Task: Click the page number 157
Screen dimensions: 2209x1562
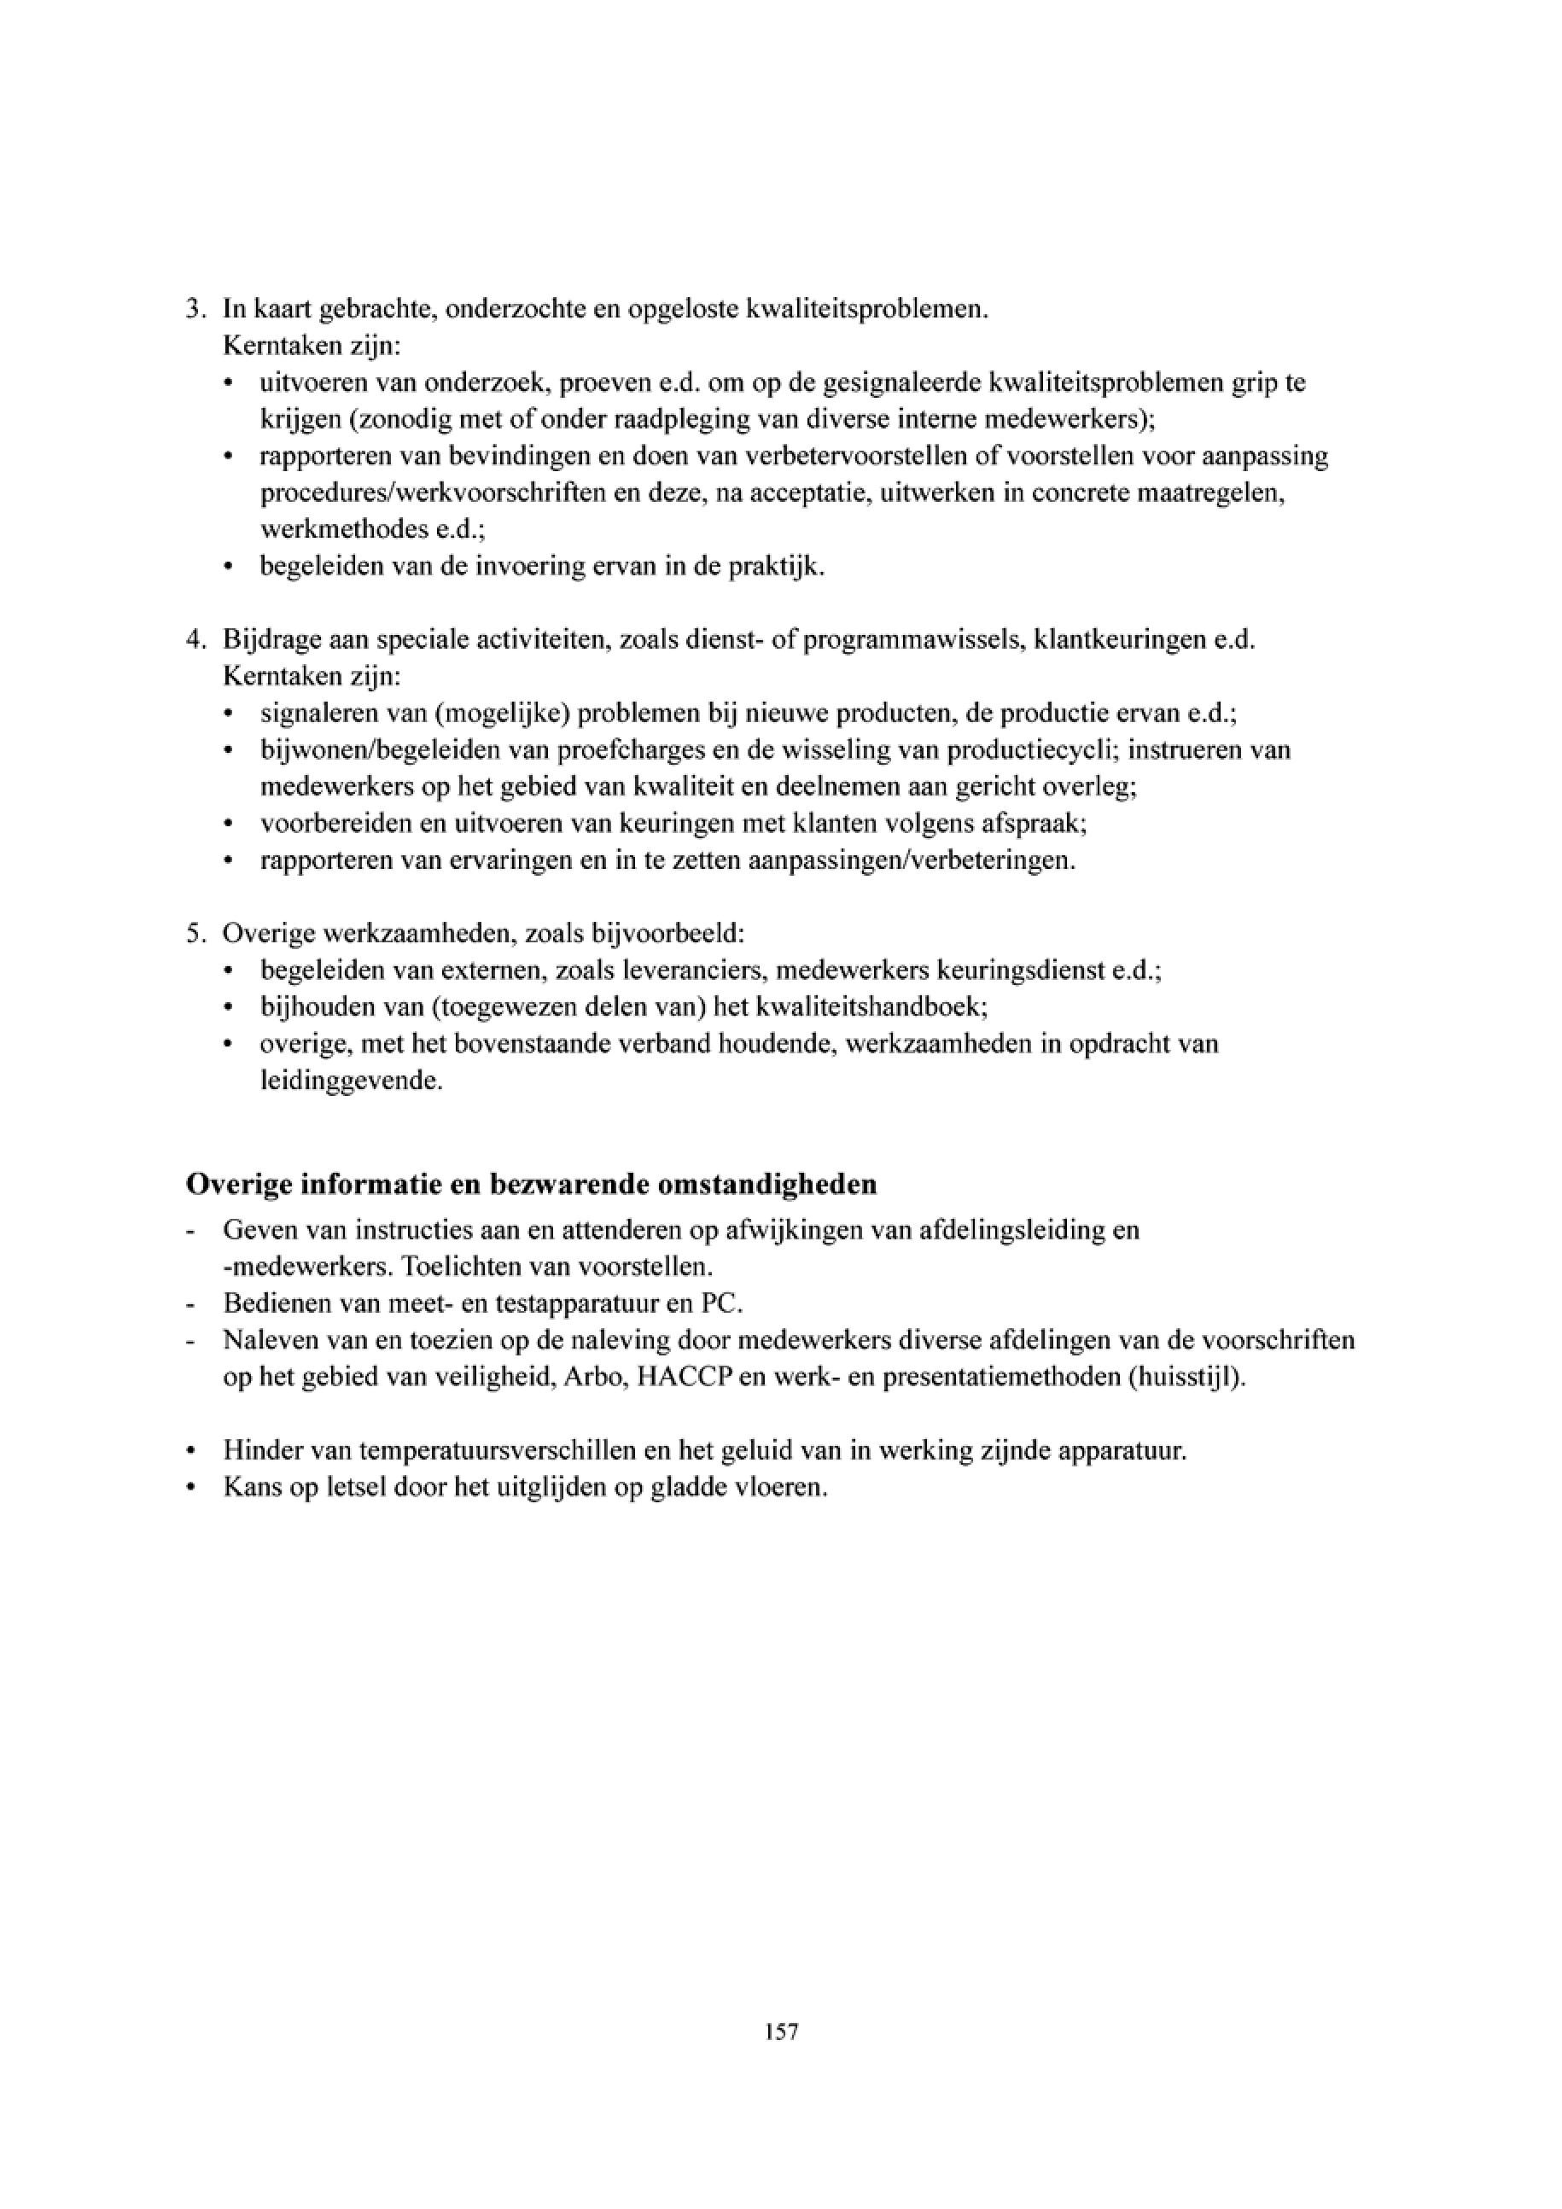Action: [x=781, y=2032]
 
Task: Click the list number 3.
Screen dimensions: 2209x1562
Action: [x=193, y=310]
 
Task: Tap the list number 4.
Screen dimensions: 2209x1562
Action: [x=193, y=641]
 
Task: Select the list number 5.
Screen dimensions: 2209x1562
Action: [x=193, y=934]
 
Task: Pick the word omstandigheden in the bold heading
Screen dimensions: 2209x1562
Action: [x=766, y=1185]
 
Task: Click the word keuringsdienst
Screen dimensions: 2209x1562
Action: [x=1022, y=970]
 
